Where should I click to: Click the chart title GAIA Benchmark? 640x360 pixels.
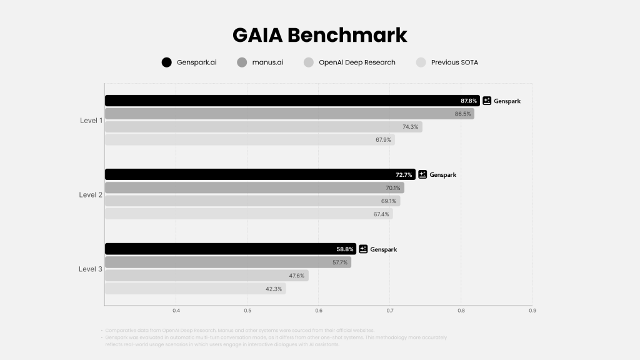[x=319, y=35]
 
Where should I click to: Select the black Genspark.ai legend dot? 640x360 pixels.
[x=166, y=62]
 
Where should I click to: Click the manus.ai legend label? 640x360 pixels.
[x=267, y=62]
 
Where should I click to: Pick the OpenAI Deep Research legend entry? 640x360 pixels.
[x=357, y=62]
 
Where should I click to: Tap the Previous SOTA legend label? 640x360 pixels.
[x=454, y=62]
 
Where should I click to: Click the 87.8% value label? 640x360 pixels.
[x=469, y=101]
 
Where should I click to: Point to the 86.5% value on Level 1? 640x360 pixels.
[x=462, y=114]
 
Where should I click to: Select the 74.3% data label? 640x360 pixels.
[x=411, y=127]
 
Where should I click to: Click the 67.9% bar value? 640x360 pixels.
[x=383, y=140]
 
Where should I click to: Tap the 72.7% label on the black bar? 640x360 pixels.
[x=404, y=175]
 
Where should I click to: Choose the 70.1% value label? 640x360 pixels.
[x=392, y=188]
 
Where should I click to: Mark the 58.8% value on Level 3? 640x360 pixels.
[x=345, y=249]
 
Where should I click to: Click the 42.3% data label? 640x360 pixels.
[x=274, y=289]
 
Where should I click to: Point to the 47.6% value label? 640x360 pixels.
[x=297, y=276]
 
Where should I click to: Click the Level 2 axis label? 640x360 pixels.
[x=91, y=195]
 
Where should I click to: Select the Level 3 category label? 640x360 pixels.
[x=91, y=269]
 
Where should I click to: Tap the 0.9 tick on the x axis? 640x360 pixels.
[x=532, y=311]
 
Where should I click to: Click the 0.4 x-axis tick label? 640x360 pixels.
[x=176, y=311]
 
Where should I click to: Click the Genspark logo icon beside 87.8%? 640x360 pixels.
[x=487, y=101]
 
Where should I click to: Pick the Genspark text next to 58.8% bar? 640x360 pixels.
[x=383, y=249]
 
